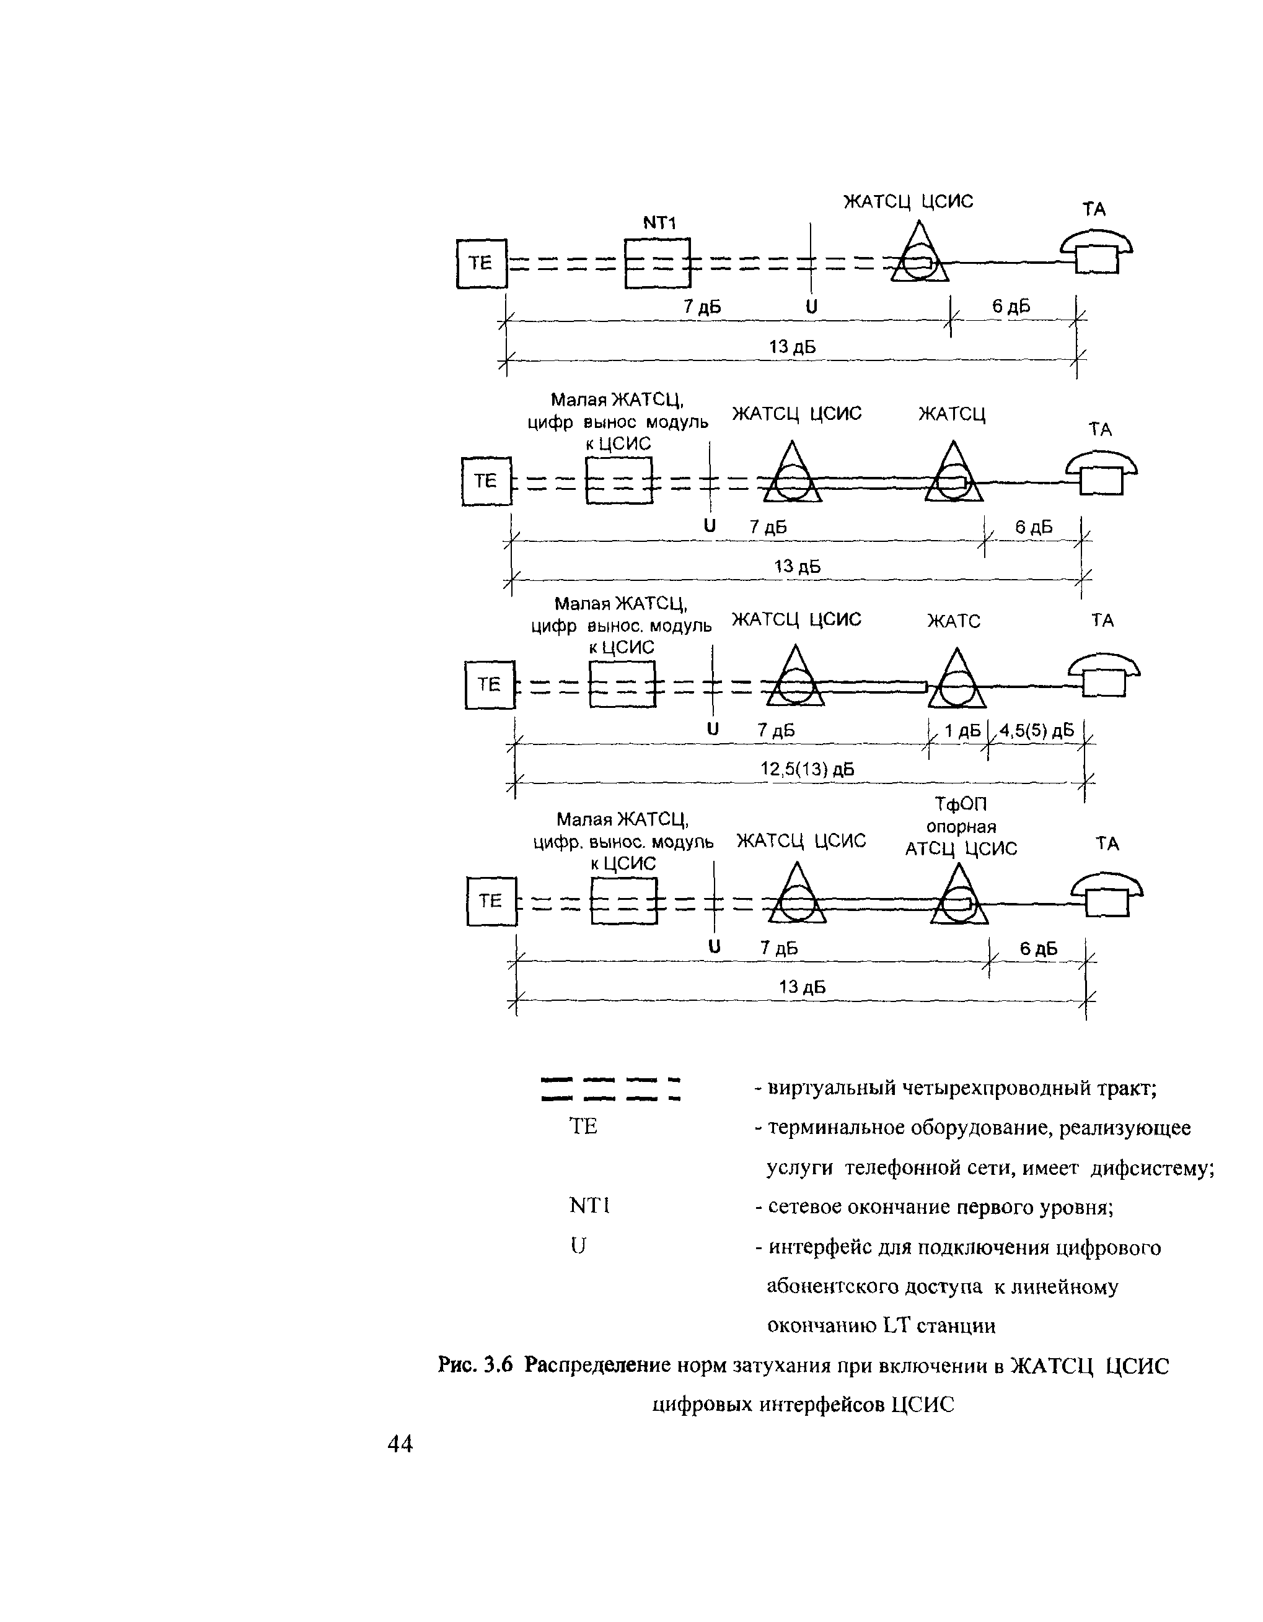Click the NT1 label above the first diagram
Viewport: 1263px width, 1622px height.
tap(659, 223)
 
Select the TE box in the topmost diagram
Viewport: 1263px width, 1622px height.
tap(482, 263)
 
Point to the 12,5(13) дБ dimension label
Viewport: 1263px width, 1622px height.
tap(807, 769)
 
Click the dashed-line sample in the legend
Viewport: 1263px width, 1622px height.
tap(612, 1088)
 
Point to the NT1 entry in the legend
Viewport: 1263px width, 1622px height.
tap(589, 1206)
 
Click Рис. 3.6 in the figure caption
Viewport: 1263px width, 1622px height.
tap(475, 1365)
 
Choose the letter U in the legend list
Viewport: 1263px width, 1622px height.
tap(578, 1246)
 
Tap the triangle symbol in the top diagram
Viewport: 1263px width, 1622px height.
tap(920, 256)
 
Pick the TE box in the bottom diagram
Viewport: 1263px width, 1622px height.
tap(491, 902)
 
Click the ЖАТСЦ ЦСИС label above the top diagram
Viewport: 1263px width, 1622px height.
tap(907, 202)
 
